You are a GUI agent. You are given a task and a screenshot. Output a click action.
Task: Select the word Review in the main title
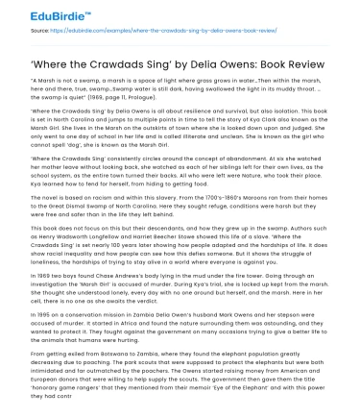click(x=316, y=52)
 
